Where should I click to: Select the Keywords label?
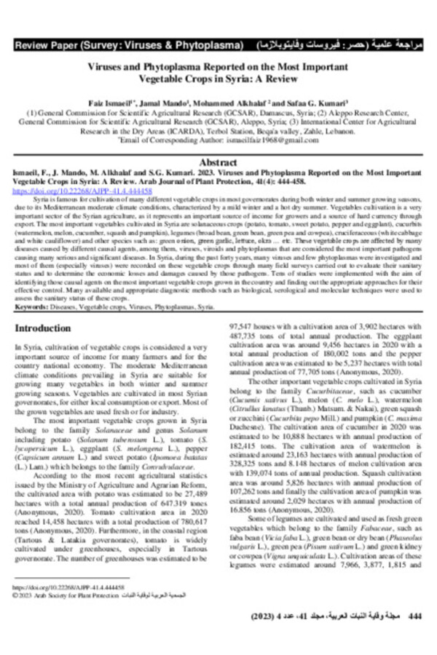[x=31, y=308]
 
